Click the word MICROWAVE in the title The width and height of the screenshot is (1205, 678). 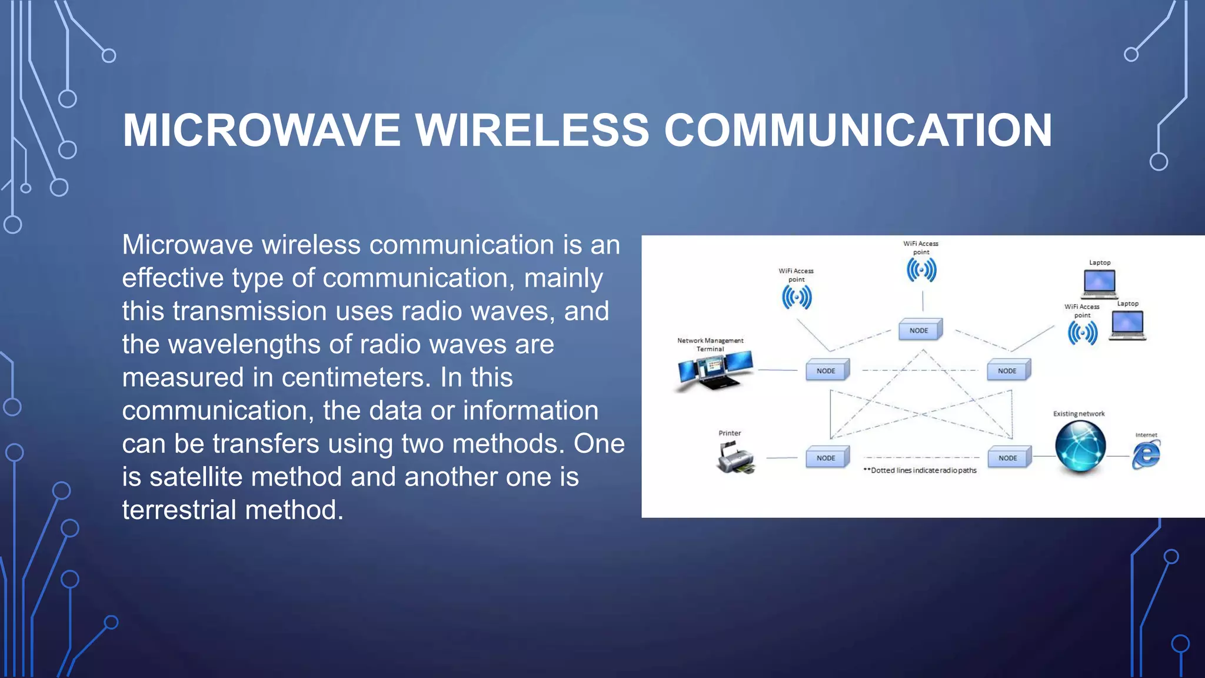(261, 130)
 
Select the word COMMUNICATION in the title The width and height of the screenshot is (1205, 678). (858, 130)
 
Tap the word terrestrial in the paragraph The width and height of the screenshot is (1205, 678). (180, 510)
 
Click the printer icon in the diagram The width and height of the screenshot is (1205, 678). (735, 457)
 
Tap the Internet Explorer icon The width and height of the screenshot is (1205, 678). (1146, 455)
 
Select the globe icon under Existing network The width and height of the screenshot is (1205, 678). (1080, 447)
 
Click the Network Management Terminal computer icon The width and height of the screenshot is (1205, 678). (714, 371)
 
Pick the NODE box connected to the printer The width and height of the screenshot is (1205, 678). (826, 458)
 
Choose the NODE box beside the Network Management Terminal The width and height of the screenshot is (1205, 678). (826, 371)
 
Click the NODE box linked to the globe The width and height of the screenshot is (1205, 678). (1008, 458)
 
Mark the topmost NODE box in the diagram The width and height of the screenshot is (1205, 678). (919, 330)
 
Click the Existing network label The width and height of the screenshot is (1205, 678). (1078, 414)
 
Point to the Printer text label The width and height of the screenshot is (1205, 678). (730, 433)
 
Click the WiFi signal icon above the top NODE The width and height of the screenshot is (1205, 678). (921, 270)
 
